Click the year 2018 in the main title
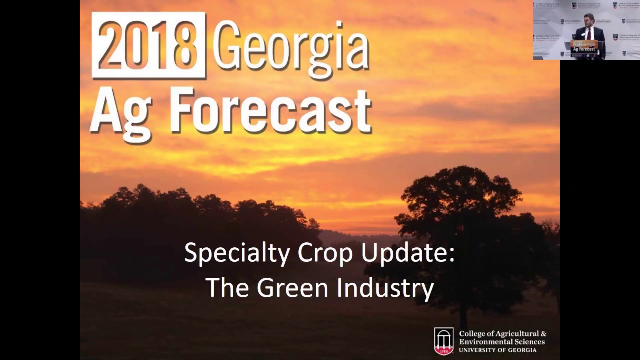(x=148, y=45)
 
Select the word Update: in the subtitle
(x=408, y=253)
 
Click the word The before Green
(x=227, y=288)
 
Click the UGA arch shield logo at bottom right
(x=444, y=341)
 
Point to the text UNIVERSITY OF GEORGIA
(x=498, y=350)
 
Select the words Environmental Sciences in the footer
(x=502, y=342)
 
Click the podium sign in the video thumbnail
(x=584, y=47)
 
